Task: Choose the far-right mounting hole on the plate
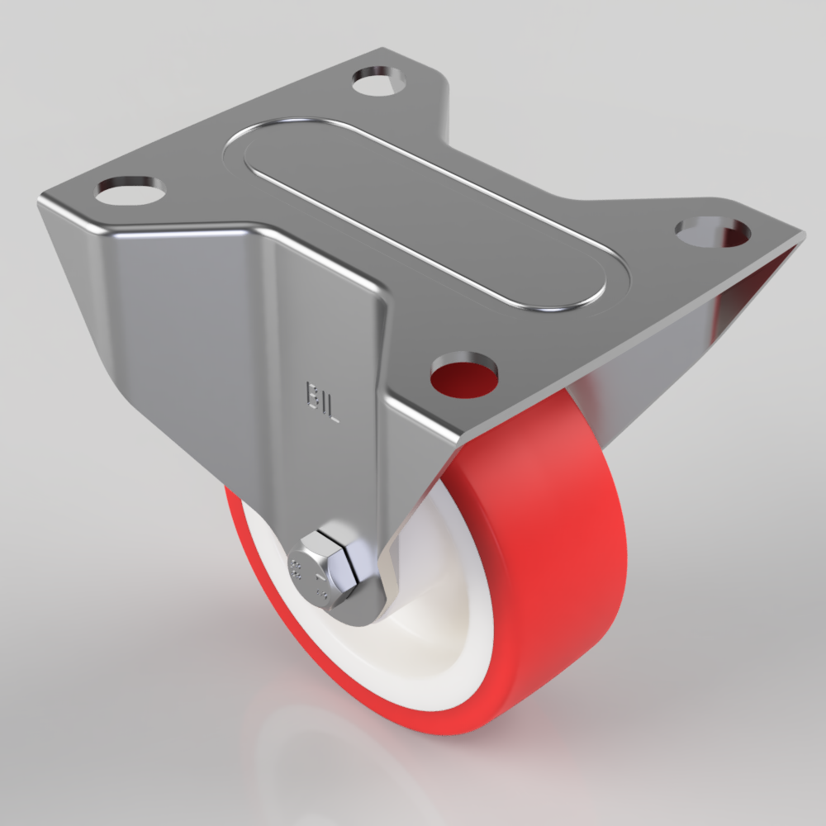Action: (x=711, y=232)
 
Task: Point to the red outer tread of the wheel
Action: (x=553, y=562)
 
